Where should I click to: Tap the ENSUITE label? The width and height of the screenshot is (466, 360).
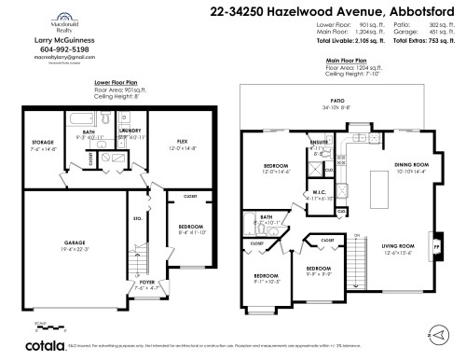318,143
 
